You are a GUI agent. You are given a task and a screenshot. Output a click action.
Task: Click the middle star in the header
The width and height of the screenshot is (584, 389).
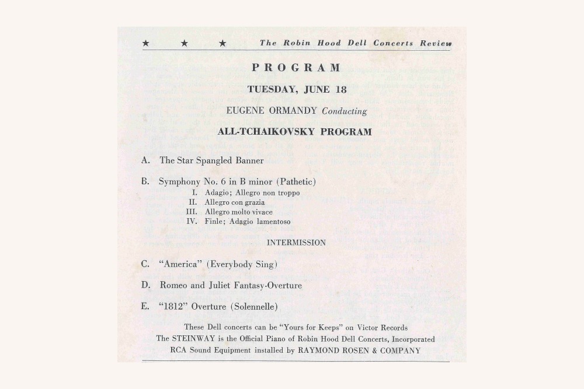tap(184, 43)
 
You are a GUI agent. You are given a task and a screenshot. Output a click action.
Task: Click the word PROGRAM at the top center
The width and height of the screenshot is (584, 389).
tap(297, 68)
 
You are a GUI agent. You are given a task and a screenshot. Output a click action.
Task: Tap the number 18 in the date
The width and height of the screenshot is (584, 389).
tap(340, 90)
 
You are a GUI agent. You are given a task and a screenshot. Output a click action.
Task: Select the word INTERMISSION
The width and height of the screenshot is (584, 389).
tap(296, 243)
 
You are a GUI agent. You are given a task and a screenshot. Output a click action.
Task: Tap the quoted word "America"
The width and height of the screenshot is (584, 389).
tap(180, 264)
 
